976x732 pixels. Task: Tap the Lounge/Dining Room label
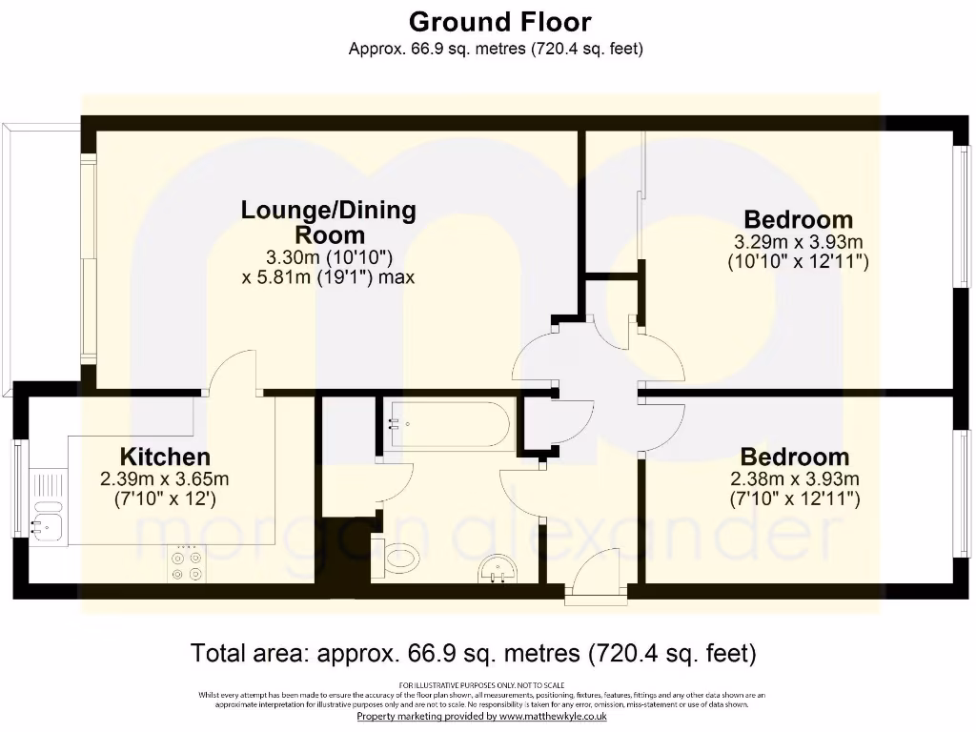(x=329, y=222)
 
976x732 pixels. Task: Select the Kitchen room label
(x=165, y=457)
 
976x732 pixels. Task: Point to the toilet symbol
(x=399, y=558)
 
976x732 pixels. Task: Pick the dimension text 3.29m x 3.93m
(x=798, y=241)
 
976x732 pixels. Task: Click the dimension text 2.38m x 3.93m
(x=794, y=478)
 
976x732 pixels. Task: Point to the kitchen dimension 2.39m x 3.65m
(x=165, y=478)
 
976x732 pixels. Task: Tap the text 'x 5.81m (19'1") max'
(x=329, y=277)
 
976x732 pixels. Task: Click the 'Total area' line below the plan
(x=474, y=654)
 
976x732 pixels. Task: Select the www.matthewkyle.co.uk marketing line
(x=481, y=716)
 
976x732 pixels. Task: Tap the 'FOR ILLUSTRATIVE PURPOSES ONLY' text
(x=481, y=685)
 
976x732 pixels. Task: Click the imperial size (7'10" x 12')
(x=165, y=498)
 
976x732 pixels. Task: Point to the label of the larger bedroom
(x=798, y=219)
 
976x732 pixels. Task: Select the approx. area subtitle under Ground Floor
(x=496, y=48)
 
